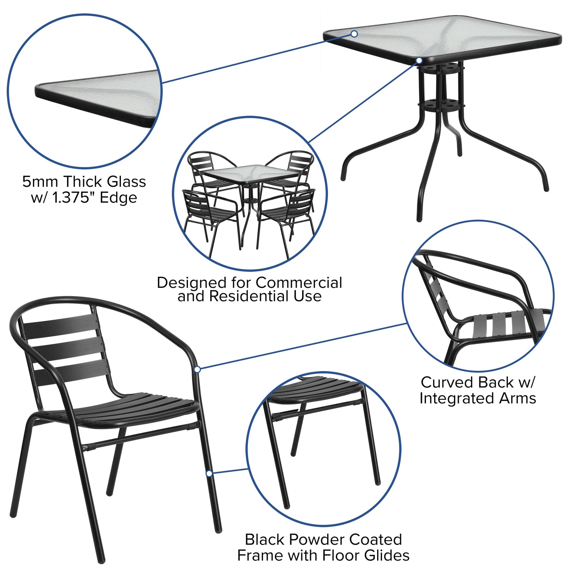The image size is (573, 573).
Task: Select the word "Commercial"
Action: click(299, 283)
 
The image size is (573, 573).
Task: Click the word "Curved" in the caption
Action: click(447, 383)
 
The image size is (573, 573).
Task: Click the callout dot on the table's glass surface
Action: click(354, 34)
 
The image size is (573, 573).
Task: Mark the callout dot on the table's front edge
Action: click(419, 61)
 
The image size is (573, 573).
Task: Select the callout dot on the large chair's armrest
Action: click(197, 369)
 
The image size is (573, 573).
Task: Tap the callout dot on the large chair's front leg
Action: click(209, 473)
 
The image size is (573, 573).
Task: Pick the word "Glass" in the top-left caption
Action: click(126, 182)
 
